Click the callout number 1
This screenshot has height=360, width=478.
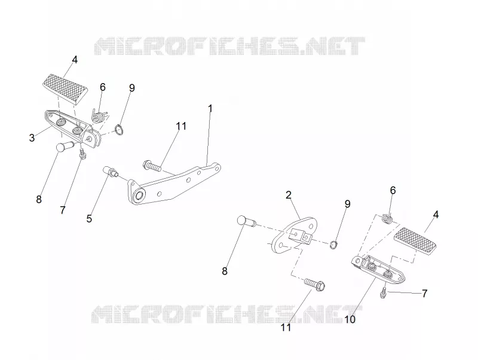[210, 108]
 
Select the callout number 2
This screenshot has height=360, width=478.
[289, 195]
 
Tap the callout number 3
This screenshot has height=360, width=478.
[32, 138]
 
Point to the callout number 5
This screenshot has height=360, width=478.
[89, 218]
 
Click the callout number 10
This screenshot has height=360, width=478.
[350, 319]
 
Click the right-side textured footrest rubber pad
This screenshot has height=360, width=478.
[415, 241]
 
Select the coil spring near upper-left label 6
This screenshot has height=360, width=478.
[99, 116]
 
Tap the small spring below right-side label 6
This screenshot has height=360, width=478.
[387, 219]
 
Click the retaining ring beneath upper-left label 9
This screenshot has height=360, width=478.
[119, 130]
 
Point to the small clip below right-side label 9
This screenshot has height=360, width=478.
[335, 245]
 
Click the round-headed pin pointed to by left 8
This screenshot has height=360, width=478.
[65, 146]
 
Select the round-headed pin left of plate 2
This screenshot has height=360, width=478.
[246, 221]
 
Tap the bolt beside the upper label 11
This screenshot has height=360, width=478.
[152, 166]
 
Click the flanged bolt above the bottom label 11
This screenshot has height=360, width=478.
[315, 283]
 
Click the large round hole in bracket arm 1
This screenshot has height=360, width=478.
[140, 196]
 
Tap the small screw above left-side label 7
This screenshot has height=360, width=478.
[82, 153]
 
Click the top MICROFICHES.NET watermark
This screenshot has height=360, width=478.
[229, 47]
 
